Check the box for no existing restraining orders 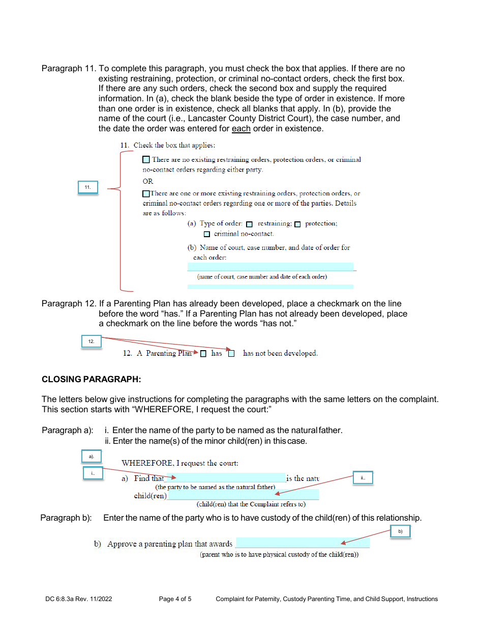click(x=146, y=160)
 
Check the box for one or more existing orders click(x=146, y=193)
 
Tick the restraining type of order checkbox click(x=249, y=224)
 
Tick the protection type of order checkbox click(x=297, y=224)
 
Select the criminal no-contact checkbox click(x=206, y=235)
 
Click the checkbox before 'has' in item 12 click(x=203, y=354)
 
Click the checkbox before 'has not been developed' click(x=231, y=354)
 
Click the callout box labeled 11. click(x=88, y=187)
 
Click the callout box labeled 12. click(x=92, y=342)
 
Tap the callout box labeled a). click(x=92, y=457)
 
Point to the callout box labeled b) click(x=400, y=531)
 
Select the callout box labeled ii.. click(x=363, y=478)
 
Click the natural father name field click(x=226, y=478)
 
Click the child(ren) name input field click(x=243, y=495)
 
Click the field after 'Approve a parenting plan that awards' click(x=303, y=543)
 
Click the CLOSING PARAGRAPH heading click(x=91, y=380)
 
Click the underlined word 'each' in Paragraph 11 click(x=241, y=129)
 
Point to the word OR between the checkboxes click(x=148, y=182)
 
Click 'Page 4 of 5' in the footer click(x=175, y=599)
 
